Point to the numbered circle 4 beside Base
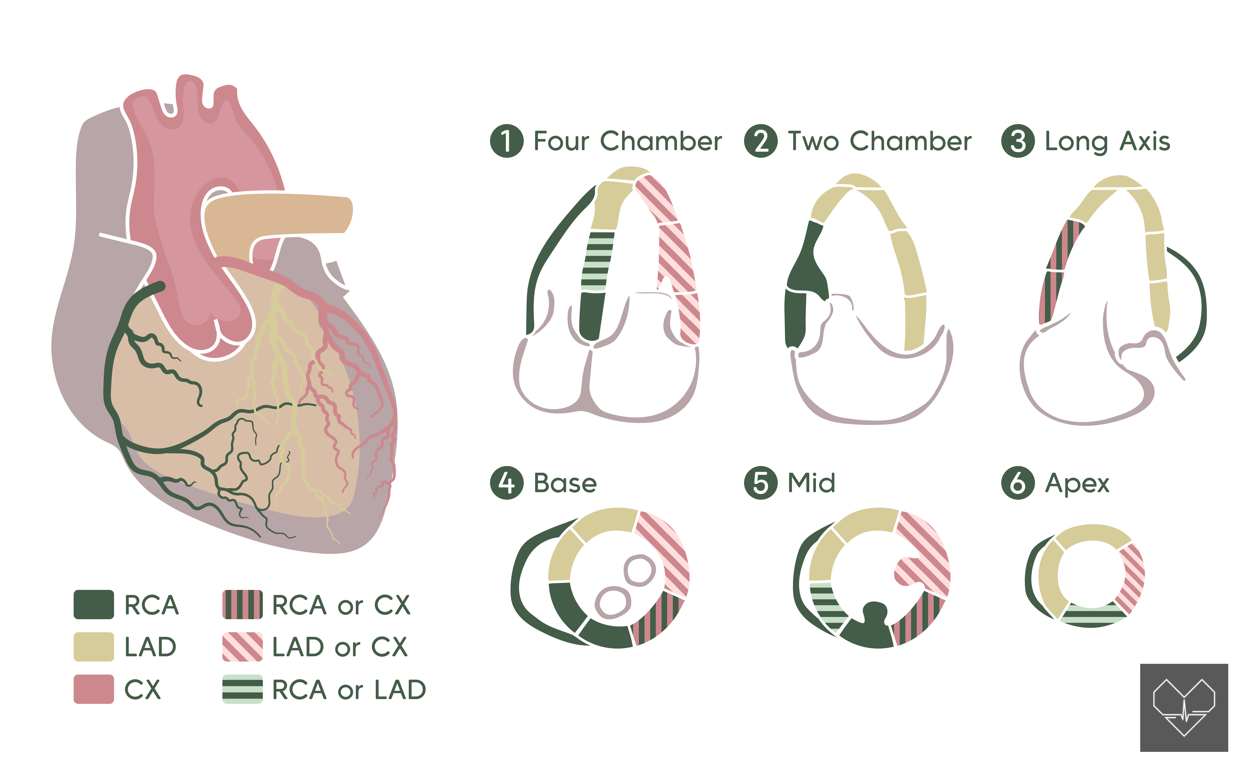(506, 483)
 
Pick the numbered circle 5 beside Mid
(761, 483)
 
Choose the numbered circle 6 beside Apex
(1018, 483)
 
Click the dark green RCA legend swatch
(94, 605)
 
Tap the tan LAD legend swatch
(94, 646)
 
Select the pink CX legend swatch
(94, 689)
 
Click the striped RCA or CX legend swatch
(242, 605)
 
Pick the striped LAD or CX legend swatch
(242, 646)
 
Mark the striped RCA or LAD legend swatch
(242, 689)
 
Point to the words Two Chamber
(879, 141)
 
